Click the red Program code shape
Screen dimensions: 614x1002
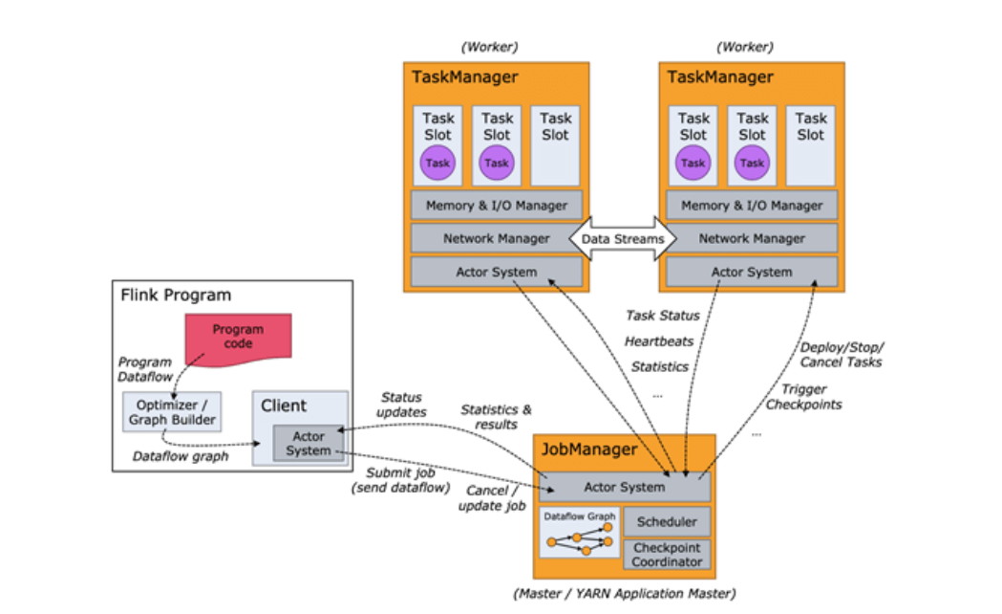click(238, 337)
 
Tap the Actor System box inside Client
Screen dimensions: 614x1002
click(308, 444)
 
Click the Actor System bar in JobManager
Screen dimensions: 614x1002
click(625, 487)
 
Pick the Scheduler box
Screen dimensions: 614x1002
click(667, 522)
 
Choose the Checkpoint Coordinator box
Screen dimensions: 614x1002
click(667, 555)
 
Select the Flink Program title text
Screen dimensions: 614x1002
click(175, 295)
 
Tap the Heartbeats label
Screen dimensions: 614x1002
click(658, 341)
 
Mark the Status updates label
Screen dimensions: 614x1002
click(402, 405)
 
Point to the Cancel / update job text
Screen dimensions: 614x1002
click(492, 498)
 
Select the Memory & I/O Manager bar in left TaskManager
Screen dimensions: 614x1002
click(496, 206)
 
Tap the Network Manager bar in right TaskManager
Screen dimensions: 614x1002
click(752, 238)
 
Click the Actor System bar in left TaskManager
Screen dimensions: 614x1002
click(496, 272)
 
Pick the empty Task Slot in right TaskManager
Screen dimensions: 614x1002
click(810, 144)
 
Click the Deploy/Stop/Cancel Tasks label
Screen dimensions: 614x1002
click(841, 354)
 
